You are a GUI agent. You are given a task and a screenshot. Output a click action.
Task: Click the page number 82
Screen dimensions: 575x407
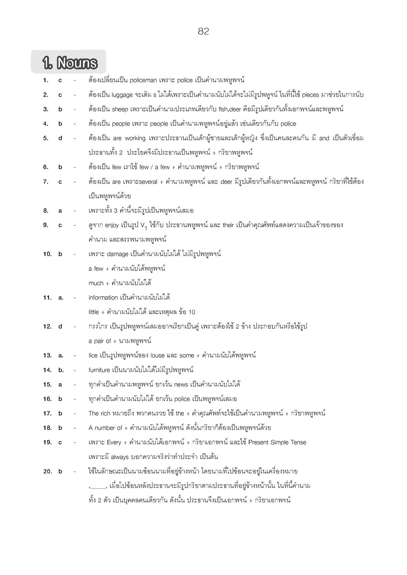tap(203, 32)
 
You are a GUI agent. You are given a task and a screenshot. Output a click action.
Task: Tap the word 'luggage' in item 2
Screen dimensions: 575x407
tap(121, 95)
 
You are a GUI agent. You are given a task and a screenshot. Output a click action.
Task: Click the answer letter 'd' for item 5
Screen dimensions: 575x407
tap(60, 138)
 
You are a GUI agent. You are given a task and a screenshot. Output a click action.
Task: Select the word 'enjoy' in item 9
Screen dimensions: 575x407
tap(112, 225)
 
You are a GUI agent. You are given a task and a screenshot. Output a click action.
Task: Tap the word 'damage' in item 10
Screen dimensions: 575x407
tap(117, 254)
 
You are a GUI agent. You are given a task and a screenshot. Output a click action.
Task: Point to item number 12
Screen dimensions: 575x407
tap(48, 327)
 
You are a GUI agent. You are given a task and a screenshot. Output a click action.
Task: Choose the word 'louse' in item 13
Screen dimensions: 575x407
tap(157, 355)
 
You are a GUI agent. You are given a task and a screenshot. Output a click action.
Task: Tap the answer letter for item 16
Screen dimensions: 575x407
tap(60, 399)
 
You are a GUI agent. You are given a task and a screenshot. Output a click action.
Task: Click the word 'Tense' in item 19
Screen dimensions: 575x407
tap(298, 442)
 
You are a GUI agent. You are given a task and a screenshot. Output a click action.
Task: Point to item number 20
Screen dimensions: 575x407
tap(48, 471)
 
